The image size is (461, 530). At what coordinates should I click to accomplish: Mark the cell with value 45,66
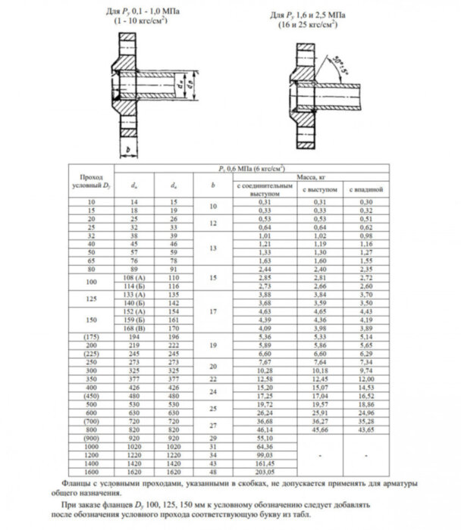311,429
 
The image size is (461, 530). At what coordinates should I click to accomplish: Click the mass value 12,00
311,378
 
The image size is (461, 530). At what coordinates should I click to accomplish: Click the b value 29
213,437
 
